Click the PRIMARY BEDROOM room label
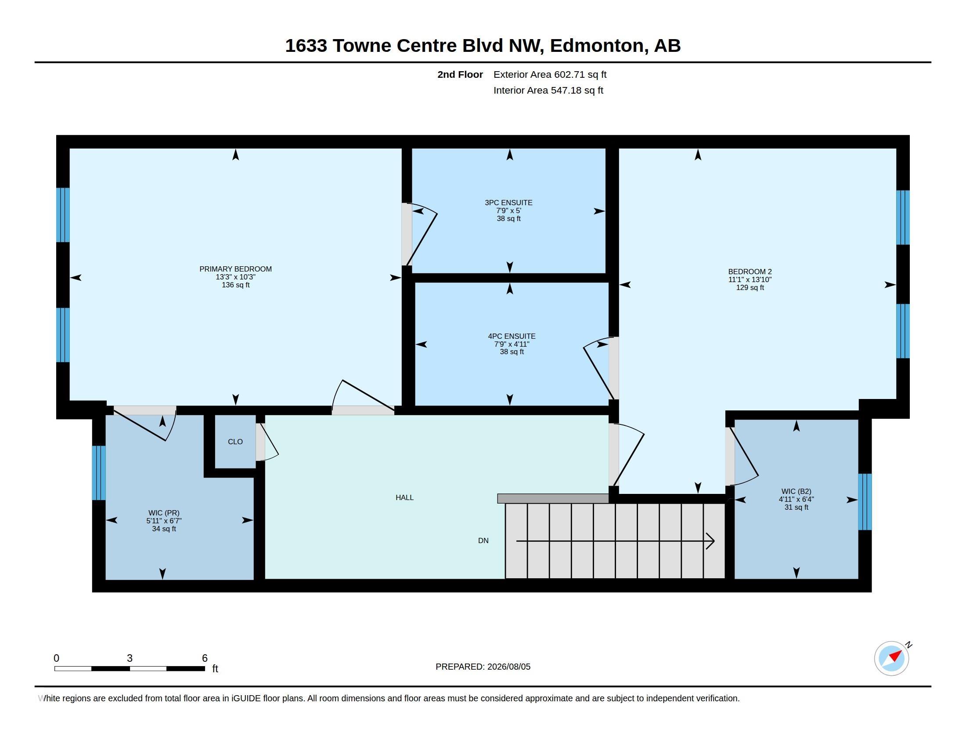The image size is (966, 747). click(x=235, y=269)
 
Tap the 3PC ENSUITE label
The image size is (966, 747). click(x=508, y=203)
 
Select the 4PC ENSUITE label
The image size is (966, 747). click(x=512, y=336)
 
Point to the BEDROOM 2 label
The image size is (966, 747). click(x=750, y=272)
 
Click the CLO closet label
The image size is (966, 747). click(x=235, y=442)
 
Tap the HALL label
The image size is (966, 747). click(x=405, y=497)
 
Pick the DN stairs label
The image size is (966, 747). click(x=483, y=540)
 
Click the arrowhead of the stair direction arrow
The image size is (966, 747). click(x=710, y=541)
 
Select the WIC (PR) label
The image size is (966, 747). click(x=164, y=513)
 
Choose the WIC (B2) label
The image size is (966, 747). click(x=796, y=491)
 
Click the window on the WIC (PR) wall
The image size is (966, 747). click(x=99, y=473)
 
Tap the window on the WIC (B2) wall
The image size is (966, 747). click(x=865, y=502)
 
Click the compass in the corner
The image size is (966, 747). click(x=892, y=658)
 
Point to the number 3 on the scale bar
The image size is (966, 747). click(x=130, y=658)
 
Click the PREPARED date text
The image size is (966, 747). click(x=483, y=667)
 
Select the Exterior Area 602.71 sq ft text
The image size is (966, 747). click(x=550, y=74)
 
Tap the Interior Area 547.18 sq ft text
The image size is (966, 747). click(x=548, y=90)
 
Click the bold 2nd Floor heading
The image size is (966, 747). click(x=460, y=74)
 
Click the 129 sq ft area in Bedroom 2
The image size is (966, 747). click(x=750, y=288)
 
